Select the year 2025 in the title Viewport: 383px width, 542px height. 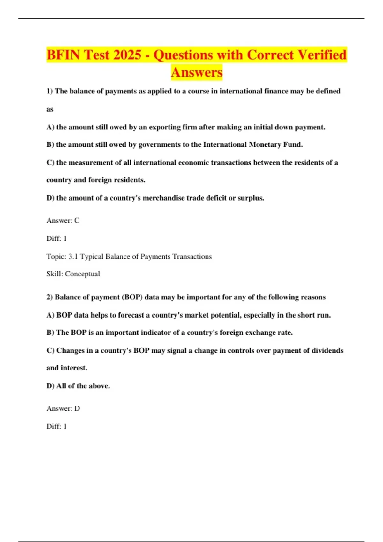coord(127,55)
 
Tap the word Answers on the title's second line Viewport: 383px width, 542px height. coord(197,72)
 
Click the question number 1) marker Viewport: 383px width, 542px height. coord(50,91)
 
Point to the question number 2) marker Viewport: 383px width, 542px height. coord(50,297)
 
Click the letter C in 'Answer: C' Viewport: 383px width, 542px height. coord(77,221)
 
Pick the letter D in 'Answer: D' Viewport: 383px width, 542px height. coord(77,408)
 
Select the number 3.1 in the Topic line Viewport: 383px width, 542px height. coord(73,257)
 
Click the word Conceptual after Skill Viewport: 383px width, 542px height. coord(82,274)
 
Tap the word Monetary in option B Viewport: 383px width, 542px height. coord(265,145)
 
